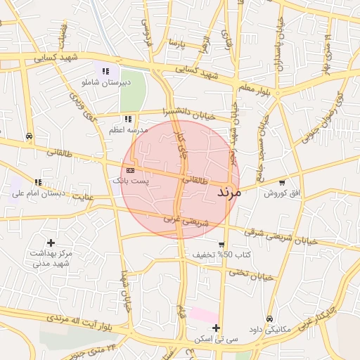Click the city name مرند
[229, 192]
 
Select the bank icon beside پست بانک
[130, 170]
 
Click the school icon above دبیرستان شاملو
[106, 71]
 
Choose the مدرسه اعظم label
[127, 131]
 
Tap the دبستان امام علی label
[37, 193]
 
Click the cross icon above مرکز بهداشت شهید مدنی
[51, 242]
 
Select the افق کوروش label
[281, 193]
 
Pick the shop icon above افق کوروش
[282, 183]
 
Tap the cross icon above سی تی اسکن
[216, 328]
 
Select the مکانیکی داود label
[271, 329]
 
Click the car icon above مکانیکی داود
[271, 318]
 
